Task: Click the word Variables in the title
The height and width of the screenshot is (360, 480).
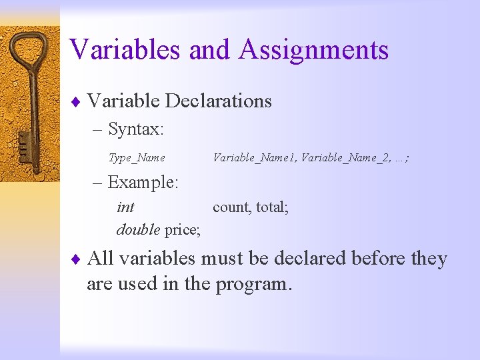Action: [x=125, y=50]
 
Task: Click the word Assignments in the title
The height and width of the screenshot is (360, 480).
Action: [x=313, y=50]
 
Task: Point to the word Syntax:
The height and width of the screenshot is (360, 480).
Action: [x=136, y=129]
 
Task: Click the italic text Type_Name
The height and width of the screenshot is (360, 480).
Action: [x=137, y=158]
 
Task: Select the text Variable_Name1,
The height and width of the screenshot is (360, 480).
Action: [x=255, y=158]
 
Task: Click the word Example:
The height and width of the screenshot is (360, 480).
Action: [x=145, y=182]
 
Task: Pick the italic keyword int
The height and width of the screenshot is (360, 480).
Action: [x=125, y=207]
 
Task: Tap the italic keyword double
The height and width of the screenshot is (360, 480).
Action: [x=138, y=230]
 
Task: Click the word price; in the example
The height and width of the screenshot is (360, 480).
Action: [x=182, y=230]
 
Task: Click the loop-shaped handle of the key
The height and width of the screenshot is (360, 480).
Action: [x=29, y=49]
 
